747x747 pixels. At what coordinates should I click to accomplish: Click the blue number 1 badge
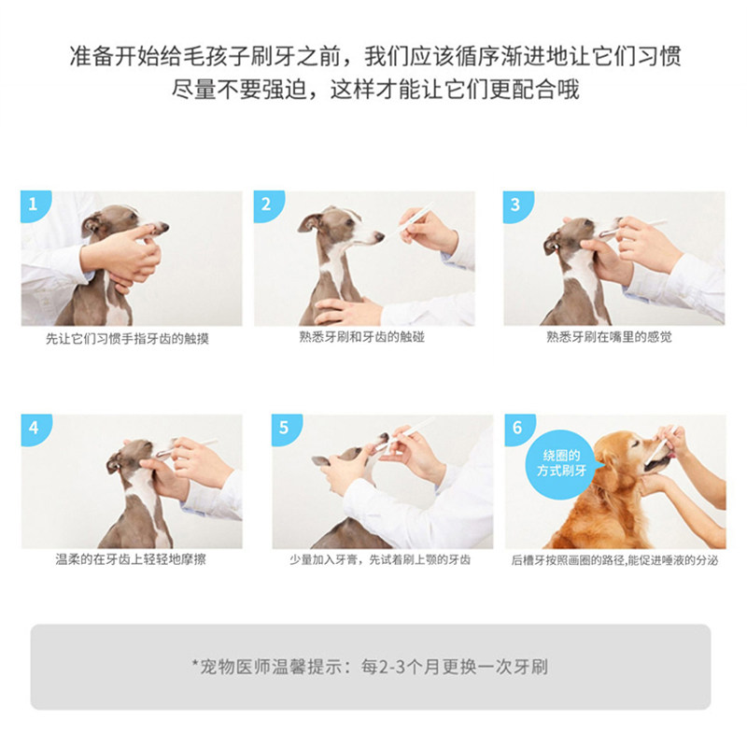pos(35,204)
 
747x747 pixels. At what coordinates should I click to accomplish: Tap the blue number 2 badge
pos(267,204)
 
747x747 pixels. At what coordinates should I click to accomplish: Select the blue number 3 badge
pos(517,205)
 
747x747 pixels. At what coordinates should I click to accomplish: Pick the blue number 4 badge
pos(35,429)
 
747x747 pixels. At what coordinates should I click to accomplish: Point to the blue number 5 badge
pos(286,429)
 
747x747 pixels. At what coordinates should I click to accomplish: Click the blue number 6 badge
pos(519,429)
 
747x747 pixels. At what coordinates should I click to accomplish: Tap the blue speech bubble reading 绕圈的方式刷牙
pos(562,464)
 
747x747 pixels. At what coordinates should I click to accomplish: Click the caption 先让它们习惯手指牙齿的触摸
pos(127,339)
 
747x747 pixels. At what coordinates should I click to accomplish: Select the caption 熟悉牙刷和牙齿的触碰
pos(361,337)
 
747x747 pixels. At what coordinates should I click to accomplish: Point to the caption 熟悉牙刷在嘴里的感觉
pos(609,337)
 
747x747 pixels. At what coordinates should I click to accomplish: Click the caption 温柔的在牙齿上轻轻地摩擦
pos(131,559)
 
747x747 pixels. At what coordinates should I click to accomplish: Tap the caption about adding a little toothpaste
pos(380,559)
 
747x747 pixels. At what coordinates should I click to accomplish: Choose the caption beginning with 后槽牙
pos(614,560)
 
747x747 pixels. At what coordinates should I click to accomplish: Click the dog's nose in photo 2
pos(379,236)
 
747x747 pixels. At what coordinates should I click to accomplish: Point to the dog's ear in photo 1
pos(92,224)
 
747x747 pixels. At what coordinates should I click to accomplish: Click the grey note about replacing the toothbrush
pos(370,667)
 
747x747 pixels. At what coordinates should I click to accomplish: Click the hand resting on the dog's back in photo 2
pos(345,311)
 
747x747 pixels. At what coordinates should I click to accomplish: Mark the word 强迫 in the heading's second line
pos(285,89)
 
